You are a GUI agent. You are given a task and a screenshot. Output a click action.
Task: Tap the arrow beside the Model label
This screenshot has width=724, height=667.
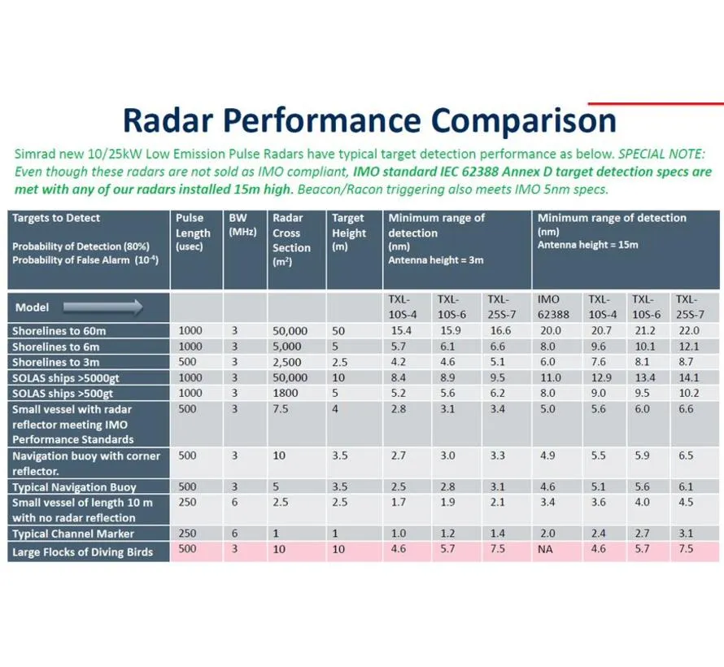(x=103, y=307)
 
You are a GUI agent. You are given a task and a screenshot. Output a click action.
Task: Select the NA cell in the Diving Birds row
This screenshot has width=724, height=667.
(x=545, y=549)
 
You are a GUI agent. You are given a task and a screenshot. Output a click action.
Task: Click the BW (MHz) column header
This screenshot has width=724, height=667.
(x=242, y=225)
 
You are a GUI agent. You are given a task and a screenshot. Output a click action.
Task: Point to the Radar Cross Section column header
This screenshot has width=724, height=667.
(x=291, y=240)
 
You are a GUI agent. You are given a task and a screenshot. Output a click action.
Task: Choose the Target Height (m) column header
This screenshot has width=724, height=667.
(x=349, y=232)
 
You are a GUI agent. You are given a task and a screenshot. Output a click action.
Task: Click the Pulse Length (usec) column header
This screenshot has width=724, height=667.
(x=193, y=232)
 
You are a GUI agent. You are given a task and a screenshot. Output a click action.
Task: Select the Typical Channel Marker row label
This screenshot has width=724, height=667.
(x=73, y=534)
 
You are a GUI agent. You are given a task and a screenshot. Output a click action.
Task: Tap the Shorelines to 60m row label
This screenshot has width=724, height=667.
(x=59, y=331)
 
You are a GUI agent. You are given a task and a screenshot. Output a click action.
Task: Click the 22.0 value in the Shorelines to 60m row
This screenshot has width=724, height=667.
(x=689, y=330)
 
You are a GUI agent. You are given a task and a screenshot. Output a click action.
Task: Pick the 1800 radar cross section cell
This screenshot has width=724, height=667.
(x=285, y=393)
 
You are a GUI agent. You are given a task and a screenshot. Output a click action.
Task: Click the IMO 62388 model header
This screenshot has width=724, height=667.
(x=553, y=307)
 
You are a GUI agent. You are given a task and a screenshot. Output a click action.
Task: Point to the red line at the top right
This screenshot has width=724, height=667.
(x=656, y=104)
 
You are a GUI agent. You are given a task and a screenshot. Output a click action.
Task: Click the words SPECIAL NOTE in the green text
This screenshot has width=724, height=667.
(x=661, y=154)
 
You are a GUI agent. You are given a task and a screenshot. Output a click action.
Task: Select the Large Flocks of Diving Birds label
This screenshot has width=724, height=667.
(x=83, y=552)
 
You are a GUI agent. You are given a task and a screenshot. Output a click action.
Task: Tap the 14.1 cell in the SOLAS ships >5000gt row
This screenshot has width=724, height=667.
(x=689, y=377)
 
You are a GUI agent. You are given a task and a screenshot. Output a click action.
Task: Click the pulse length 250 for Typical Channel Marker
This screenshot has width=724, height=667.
(x=187, y=533)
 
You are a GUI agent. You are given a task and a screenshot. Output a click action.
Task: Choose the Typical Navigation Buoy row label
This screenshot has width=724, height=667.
(x=74, y=487)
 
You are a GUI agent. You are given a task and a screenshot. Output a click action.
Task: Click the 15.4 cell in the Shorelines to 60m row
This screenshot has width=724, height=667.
(x=401, y=330)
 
